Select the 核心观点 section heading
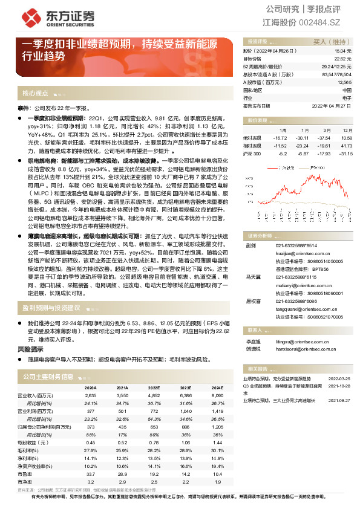(x=35, y=94)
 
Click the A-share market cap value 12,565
(x=344, y=82)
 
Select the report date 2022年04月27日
(x=332, y=105)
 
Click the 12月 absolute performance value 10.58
(x=346, y=138)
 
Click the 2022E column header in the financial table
(x=154, y=387)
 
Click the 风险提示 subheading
(x=30, y=349)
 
